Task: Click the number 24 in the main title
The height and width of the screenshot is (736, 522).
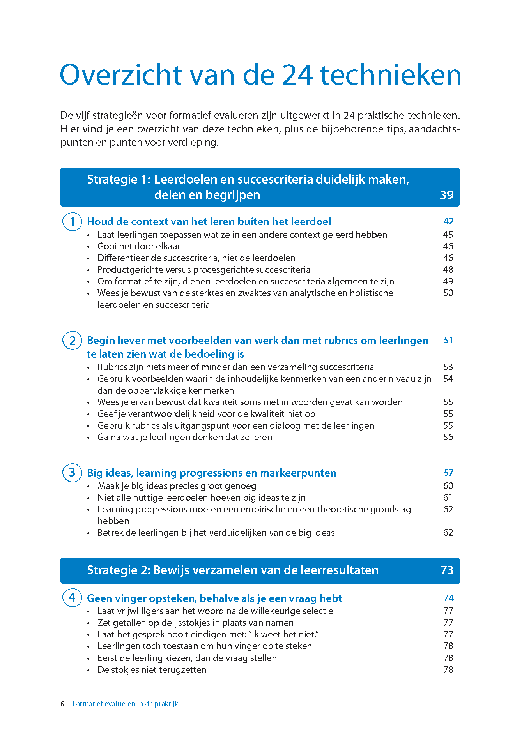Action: [x=297, y=75]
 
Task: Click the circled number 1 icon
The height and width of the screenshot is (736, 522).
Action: [x=72, y=222]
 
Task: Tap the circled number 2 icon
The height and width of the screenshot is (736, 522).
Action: [x=72, y=341]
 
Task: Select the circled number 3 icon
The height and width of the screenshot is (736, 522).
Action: [x=72, y=473]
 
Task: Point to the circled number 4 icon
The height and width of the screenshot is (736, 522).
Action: [x=72, y=598]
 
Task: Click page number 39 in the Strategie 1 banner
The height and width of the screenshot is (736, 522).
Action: [x=446, y=195]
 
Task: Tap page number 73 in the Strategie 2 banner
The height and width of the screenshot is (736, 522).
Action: [x=447, y=570]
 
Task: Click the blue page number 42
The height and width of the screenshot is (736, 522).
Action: [x=448, y=221]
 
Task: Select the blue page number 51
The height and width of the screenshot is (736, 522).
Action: [x=448, y=340]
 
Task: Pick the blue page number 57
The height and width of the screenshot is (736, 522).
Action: [x=448, y=473]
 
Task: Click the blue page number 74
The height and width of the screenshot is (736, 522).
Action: [x=448, y=598]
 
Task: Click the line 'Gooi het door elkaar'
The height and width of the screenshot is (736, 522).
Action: [x=139, y=246]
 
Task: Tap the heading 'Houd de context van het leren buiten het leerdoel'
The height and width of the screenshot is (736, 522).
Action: [x=209, y=222]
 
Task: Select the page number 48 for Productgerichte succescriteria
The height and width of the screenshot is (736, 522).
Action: [x=448, y=270]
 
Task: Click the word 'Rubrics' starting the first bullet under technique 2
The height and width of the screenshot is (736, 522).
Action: [x=112, y=367]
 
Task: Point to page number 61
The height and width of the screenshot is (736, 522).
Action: [x=448, y=498]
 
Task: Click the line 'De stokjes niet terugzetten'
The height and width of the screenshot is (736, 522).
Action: [x=152, y=670]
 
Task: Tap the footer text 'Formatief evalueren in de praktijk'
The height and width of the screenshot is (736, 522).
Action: [x=125, y=704]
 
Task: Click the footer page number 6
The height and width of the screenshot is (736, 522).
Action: [x=62, y=704]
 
